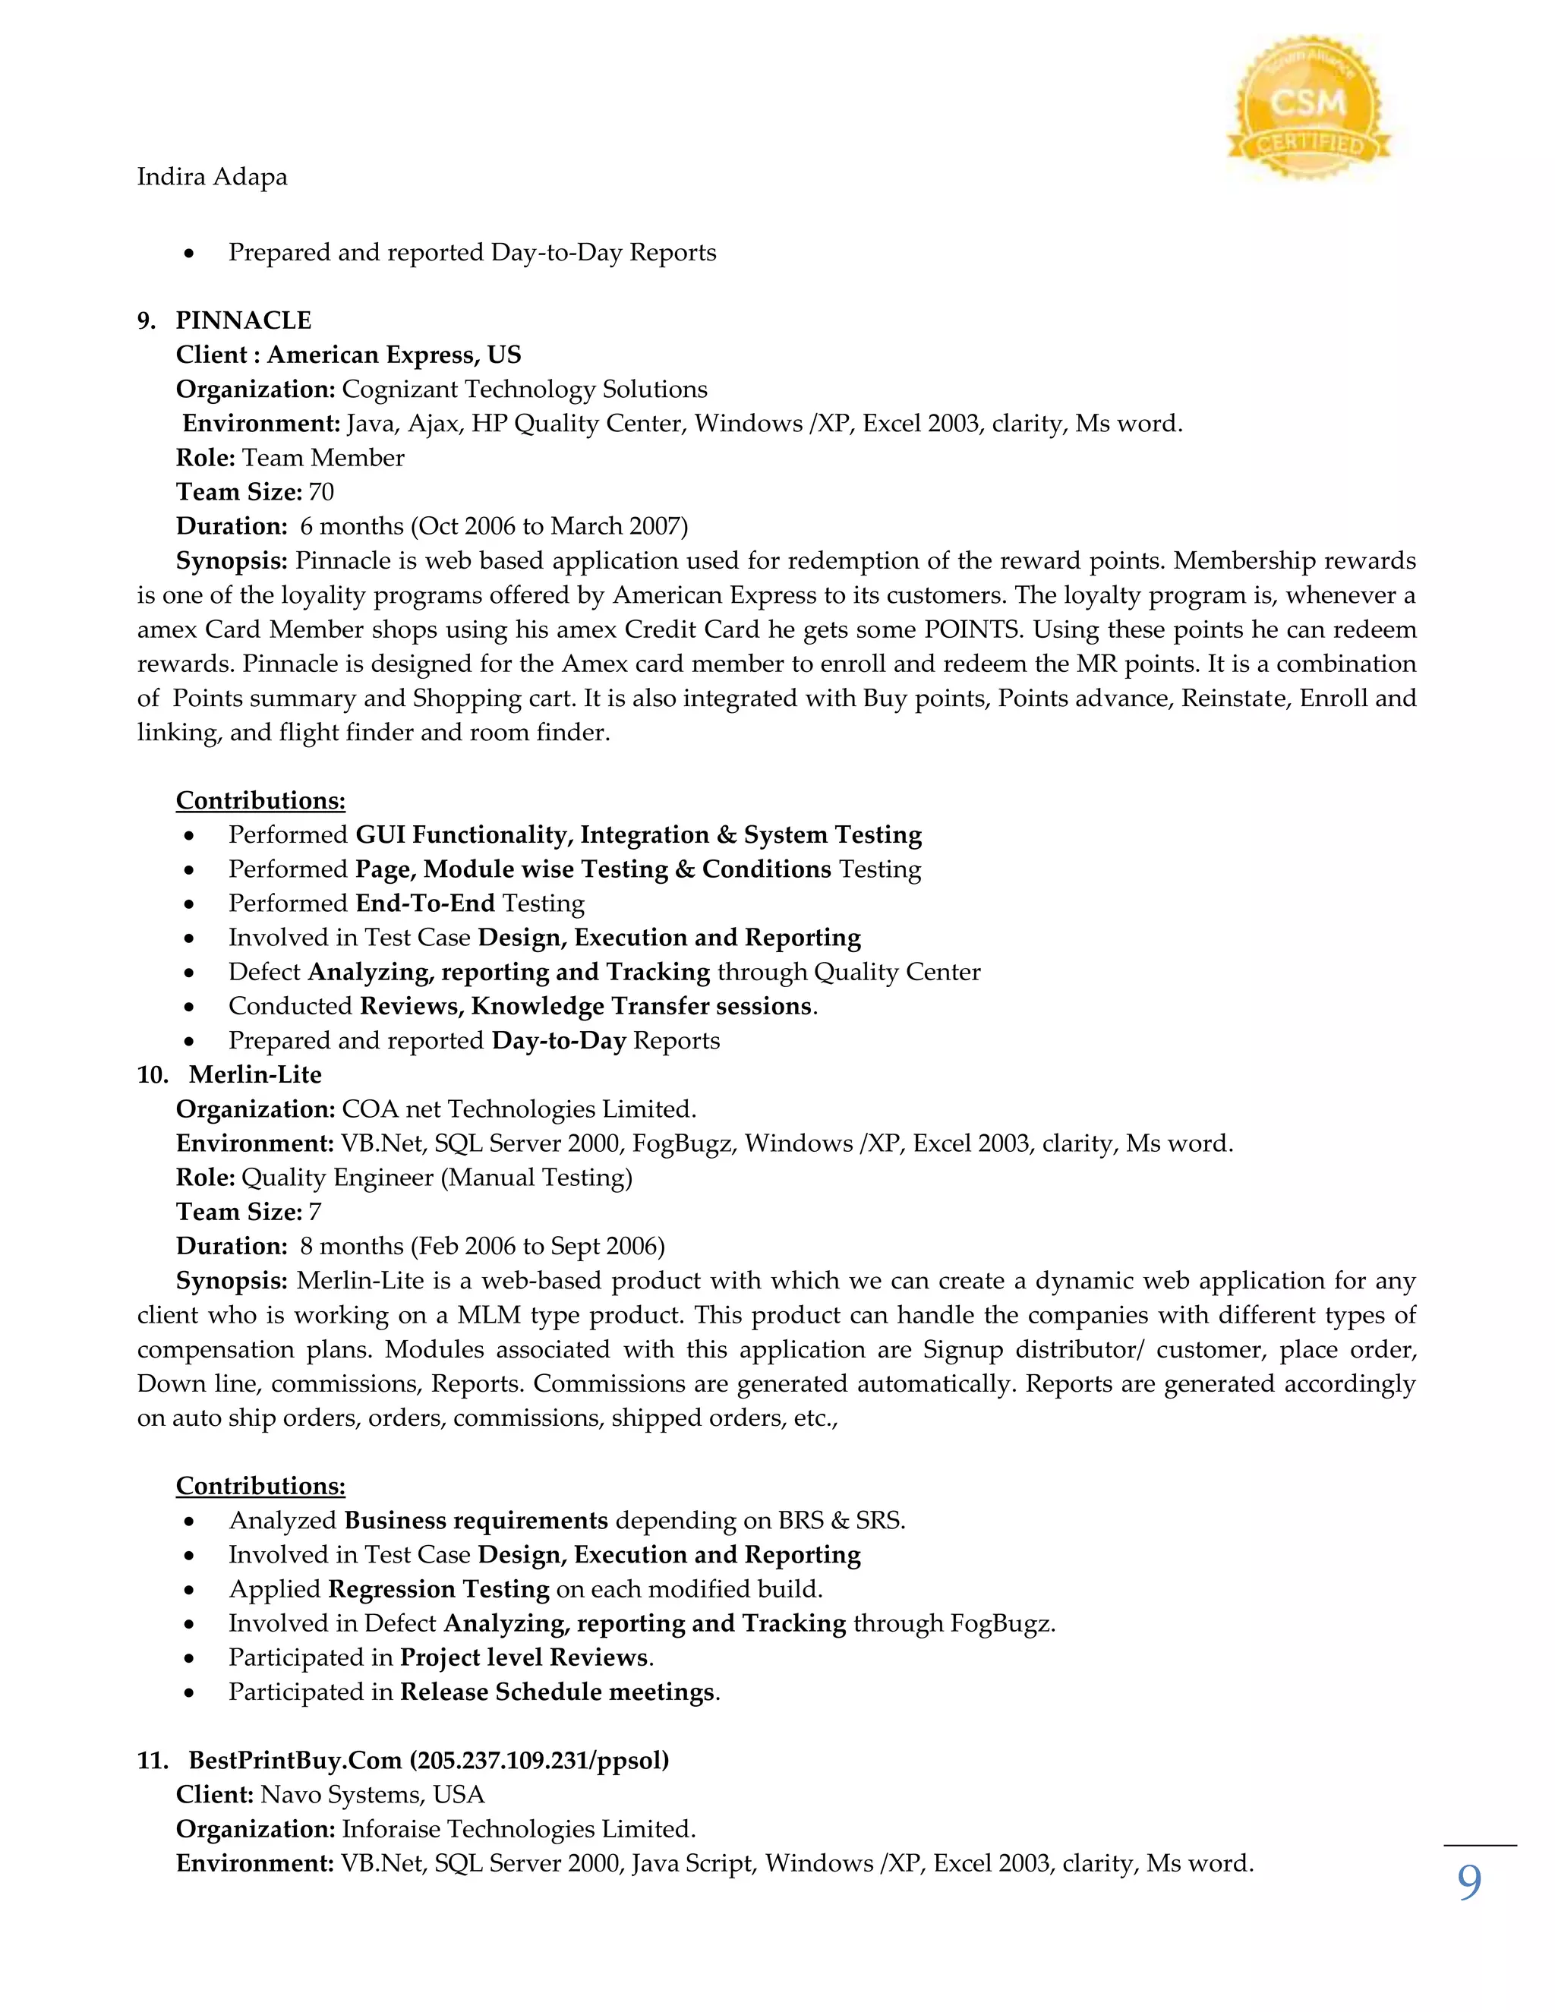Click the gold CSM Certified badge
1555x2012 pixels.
pyautogui.click(x=1308, y=109)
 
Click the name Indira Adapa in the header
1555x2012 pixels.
pyautogui.click(x=212, y=176)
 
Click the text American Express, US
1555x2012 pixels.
pyautogui.click(x=394, y=355)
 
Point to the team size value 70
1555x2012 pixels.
pyautogui.click(x=321, y=492)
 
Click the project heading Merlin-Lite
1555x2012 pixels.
pyautogui.click(x=255, y=1074)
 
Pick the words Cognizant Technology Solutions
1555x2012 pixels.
pyautogui.click(x=524, y=389)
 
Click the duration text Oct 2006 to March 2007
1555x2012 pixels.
pyautogui.click(x=549, y=526)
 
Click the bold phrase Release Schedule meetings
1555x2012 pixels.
pyautogui.click(x=557, y=1692)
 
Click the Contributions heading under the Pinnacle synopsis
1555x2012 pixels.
pyautogui.click(x=260, y=799)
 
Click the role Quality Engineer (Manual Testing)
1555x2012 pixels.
pyautogui.click(x=437, y=1178)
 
